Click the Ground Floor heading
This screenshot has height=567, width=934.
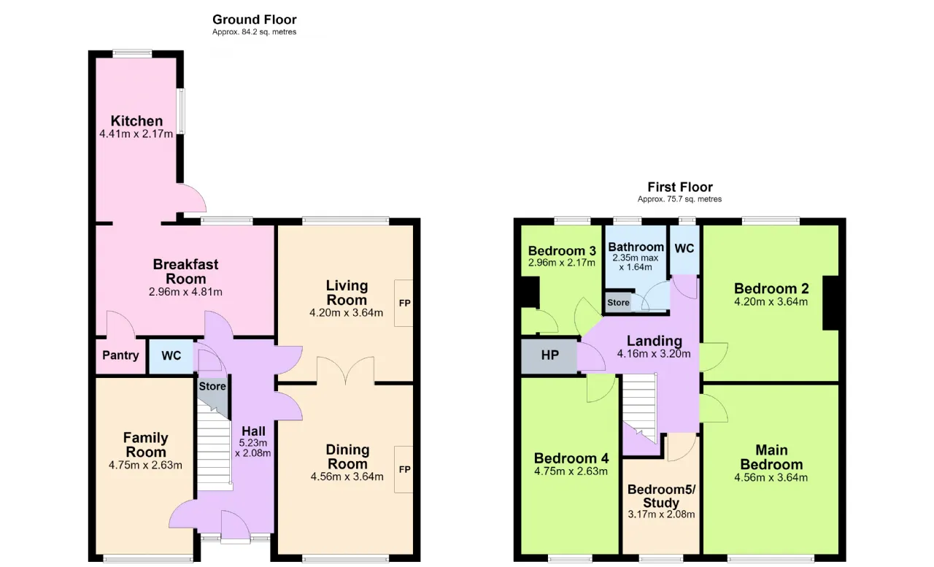click(x=255, y=20)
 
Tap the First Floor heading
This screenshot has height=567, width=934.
click(x=680, y=187)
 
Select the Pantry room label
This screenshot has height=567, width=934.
click(x=120, y=355)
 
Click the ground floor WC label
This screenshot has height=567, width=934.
click(x=171, y=355)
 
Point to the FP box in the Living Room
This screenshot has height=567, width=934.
click(x=404, y=303)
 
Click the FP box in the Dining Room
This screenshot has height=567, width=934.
click(x=404, y=469)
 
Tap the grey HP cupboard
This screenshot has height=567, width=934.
click(x=549, y=355)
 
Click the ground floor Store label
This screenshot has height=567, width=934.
click(x=212, y=386)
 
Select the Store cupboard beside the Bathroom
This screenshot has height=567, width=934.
click(x=618, y=303)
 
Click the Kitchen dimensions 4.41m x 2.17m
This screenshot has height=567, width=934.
click(x=136, y=134)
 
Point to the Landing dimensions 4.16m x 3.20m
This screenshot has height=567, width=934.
click(x=654, y=354)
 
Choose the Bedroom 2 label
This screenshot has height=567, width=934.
click(x=771, y=288)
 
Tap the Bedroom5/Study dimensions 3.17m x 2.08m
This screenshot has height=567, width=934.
click(x=661, y=514)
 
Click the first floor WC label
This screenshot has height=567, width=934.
click(x=684, y=249)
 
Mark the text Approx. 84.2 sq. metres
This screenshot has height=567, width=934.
click(x=255, y=32)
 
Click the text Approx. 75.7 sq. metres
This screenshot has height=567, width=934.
click(x=679, y=199)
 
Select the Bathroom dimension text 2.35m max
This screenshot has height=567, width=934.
click(x=636, y=258)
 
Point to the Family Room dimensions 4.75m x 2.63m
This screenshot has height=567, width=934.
click(x=145, y=466)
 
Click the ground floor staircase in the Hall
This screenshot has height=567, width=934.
click(x=214, y=446)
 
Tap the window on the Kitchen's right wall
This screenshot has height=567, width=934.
click(x=182, y=111)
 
